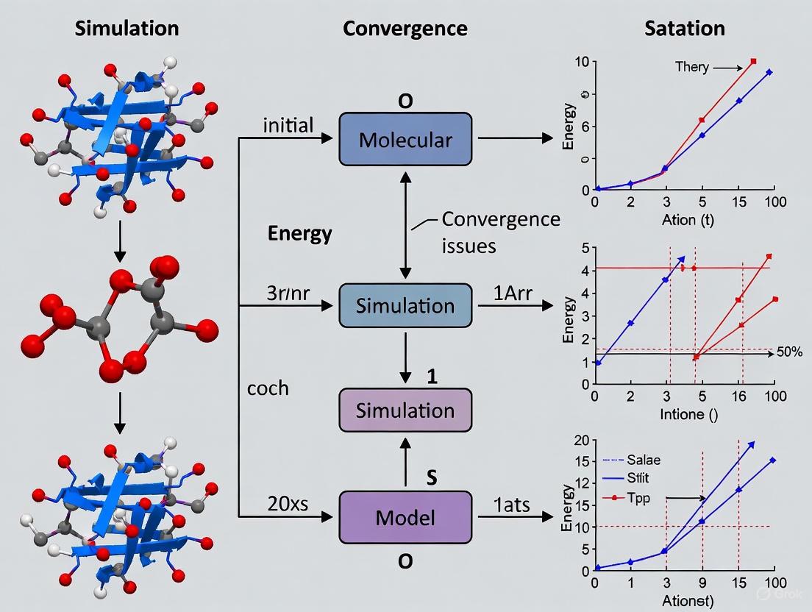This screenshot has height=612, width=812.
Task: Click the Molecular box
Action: coord(405,139)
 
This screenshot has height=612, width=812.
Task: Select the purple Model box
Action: coord(405,517)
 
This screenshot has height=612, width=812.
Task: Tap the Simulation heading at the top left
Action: coord(127,29)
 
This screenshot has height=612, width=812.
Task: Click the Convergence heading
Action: coord(405,29)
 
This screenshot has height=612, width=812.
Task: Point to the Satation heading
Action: coord(685,29)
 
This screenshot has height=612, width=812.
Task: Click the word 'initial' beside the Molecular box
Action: coord(288,125)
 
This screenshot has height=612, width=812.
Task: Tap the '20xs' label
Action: coord(288,505)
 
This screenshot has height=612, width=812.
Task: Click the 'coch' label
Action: coord(268,388)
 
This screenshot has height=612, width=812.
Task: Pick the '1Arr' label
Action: coord(506,293)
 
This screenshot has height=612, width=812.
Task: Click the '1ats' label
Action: coord(506,505)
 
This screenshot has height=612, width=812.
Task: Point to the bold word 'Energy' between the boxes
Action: coord(299,234)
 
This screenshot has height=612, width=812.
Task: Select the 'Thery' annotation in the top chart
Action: coord(691,67)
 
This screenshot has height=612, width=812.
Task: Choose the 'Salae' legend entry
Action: coord(643,460)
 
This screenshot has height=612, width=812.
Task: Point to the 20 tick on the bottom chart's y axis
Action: coord(582,440)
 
